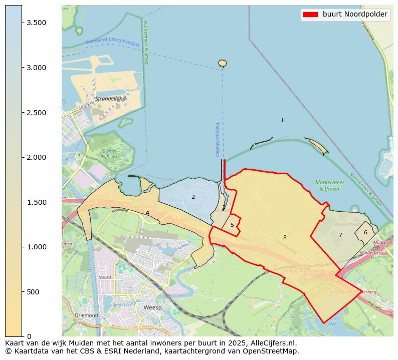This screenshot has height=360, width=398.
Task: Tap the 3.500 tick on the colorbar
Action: (22, 23)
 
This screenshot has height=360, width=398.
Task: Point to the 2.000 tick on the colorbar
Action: (22, 157)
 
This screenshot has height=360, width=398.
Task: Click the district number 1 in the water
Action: (282, 121)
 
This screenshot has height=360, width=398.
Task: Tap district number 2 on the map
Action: (193, 197)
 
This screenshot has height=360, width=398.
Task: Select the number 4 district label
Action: (147, 213)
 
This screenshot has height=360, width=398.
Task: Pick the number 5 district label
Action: (232, 225)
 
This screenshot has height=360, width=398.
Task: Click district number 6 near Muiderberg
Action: (365, 232)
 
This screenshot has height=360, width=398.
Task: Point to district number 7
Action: (340, 235)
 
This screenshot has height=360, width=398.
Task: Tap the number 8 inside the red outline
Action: (285, 238)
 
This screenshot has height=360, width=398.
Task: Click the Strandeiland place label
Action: (111, 99)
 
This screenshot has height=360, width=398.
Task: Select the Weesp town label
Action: (152, 307)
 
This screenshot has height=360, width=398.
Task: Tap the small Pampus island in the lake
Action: (223, 63)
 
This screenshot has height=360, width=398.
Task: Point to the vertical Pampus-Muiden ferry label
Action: (218, 140)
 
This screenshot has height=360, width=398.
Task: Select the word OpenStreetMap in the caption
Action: (274, 351)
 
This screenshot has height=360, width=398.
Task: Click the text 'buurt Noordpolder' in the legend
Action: (355, 15)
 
